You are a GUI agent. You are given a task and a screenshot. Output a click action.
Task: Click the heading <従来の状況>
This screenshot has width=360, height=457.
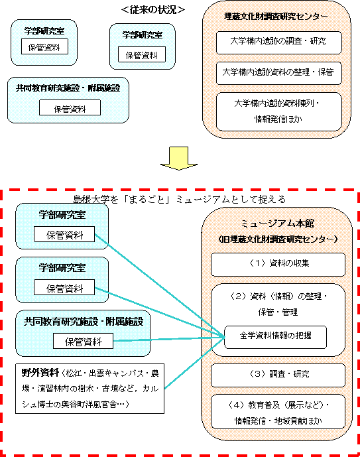pos(153,10)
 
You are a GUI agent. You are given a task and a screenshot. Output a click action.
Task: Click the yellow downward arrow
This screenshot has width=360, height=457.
pos(179,159)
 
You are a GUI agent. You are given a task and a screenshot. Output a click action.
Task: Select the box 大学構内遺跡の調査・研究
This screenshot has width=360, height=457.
pos(278,42)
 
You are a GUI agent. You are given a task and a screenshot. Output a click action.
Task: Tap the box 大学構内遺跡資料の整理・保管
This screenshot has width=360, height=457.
pos(278,73)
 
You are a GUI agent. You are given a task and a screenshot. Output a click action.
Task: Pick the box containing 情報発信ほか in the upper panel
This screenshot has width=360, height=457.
pos(278,112)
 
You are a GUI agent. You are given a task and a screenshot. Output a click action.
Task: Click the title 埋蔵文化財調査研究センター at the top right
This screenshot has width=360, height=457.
pos(276,17)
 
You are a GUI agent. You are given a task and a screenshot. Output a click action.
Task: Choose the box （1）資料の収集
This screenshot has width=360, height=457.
pos(278,265)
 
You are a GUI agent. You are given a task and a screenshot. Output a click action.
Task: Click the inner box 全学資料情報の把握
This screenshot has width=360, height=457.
pos(275,337)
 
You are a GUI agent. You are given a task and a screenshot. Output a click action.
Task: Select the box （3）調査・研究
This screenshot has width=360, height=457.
pos(278,375)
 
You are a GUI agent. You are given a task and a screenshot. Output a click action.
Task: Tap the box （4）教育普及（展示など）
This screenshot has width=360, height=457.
pos(278,411)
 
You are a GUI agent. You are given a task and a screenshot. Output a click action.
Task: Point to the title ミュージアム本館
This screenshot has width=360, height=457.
pos(277,224)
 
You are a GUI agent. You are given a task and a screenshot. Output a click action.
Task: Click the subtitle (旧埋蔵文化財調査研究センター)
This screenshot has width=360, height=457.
pos(278,239)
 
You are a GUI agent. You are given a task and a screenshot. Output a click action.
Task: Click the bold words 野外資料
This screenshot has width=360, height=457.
pos(40,373)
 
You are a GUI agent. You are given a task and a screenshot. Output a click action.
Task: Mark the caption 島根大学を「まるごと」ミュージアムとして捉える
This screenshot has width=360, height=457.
pos(180,200)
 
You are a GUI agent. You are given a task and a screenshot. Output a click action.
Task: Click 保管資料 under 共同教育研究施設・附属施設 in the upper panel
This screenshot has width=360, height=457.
pos(70,107)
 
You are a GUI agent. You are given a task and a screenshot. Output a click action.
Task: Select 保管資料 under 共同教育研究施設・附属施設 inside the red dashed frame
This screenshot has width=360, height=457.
pos(83,341)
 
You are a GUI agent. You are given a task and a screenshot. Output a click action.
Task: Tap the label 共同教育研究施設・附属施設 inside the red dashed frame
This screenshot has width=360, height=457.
pos(84,321)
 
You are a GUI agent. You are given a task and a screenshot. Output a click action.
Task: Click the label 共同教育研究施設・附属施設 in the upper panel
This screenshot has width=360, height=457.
pos(68,88)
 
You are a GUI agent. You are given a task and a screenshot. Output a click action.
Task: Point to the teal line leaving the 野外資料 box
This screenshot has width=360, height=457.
pos(195,363)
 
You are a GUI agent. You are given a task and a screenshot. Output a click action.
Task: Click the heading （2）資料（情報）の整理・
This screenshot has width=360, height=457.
pos(278,296)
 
